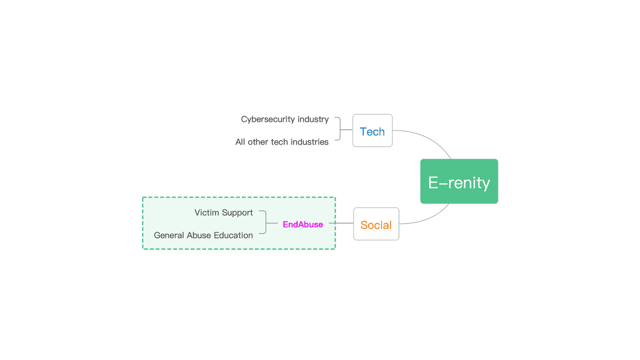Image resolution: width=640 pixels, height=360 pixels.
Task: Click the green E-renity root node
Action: click(x=459, y=181)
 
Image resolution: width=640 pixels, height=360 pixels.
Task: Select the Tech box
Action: click(x=372, y=131)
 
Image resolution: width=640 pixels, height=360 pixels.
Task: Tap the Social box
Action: click(x=376, y=224)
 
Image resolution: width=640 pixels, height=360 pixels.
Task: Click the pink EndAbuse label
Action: click(x=302, y=225)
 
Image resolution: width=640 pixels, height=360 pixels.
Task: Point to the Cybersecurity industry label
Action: click(x=285, y=119)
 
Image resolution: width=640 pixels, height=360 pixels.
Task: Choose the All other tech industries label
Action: click(x=282, y=142)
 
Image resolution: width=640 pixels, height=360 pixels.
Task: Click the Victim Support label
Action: click(x=223, y=213)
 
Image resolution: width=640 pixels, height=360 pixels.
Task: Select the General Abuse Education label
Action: click(x=203, y=235)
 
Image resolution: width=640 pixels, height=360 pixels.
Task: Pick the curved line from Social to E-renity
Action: click(x=431, y=217)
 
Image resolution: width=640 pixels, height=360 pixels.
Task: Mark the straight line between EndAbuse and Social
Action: click(x=341, y=223)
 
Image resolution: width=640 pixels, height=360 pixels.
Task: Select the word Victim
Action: click(x=207, y=213)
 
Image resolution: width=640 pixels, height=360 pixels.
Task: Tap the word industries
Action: click(x=309, y=142)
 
